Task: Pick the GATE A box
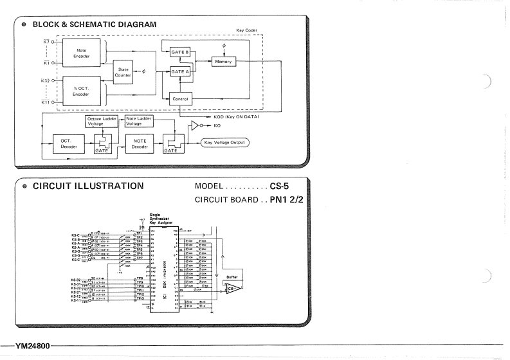point(180,73)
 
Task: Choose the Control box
point(180,100)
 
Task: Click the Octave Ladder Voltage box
point(102,122)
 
